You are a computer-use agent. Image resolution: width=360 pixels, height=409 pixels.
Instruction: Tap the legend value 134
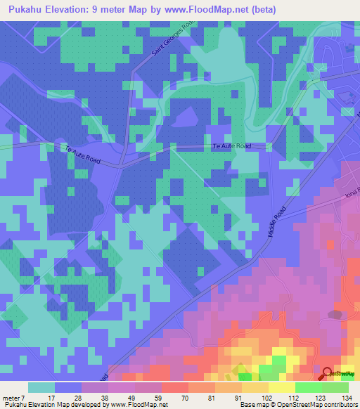(347, 397)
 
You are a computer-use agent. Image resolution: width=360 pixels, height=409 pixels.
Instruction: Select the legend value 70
(166, 397)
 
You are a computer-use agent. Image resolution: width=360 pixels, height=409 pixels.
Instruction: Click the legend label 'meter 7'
(13, 397)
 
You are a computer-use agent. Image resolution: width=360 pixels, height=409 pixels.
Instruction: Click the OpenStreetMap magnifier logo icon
(328, 374)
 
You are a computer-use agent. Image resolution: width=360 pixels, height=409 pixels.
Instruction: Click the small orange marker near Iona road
(330, 244)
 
